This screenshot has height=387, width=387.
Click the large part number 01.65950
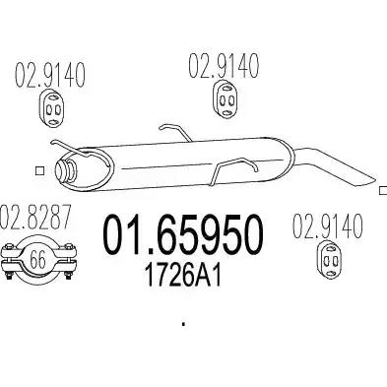183,234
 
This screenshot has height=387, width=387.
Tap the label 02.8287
35,217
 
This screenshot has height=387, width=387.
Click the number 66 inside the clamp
38,260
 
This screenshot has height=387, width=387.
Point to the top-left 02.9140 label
50,75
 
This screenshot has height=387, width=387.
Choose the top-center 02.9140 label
224,66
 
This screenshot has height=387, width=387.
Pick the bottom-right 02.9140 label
327,226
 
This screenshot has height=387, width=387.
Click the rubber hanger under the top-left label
53,107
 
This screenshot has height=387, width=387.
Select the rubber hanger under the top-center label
226,98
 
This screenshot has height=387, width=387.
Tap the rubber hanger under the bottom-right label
329,261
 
